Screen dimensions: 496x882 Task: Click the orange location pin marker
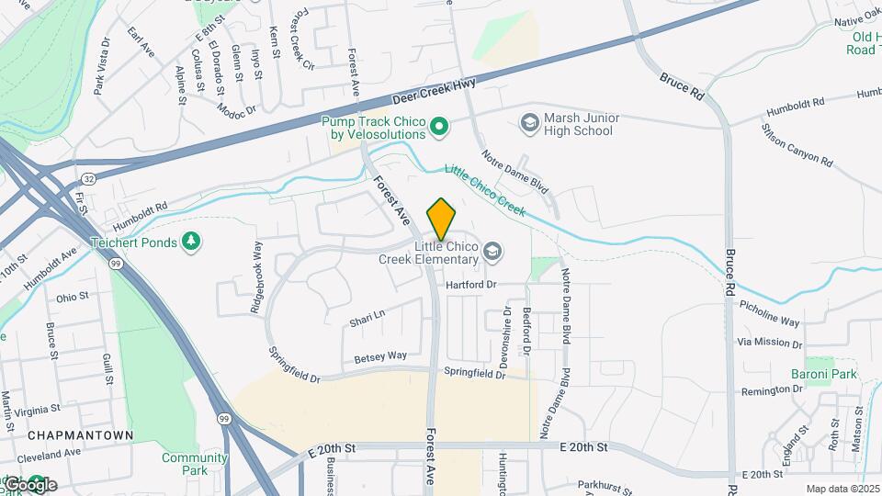tap(442, 219)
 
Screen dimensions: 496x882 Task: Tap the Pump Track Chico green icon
tap(439, 127)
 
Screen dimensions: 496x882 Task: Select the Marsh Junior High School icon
tap(529, 122)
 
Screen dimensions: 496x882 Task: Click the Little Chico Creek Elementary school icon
tap(492, 252)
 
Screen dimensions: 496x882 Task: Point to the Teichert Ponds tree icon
tap(191, 242)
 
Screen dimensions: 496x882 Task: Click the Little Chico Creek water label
tap(485, 190)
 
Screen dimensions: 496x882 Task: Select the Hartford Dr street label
tap(470, 285)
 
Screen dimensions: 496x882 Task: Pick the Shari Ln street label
tap(367, 318)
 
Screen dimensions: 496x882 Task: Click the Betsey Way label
tap(380, 355)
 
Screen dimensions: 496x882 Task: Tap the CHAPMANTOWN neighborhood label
tap(80, 434)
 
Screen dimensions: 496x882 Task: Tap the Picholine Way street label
tap(769, 313)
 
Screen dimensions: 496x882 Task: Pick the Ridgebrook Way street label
tap(257, 266)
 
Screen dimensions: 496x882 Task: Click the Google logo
tap(29, 484)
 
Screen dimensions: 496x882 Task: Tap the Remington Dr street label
tap(772, 390)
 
